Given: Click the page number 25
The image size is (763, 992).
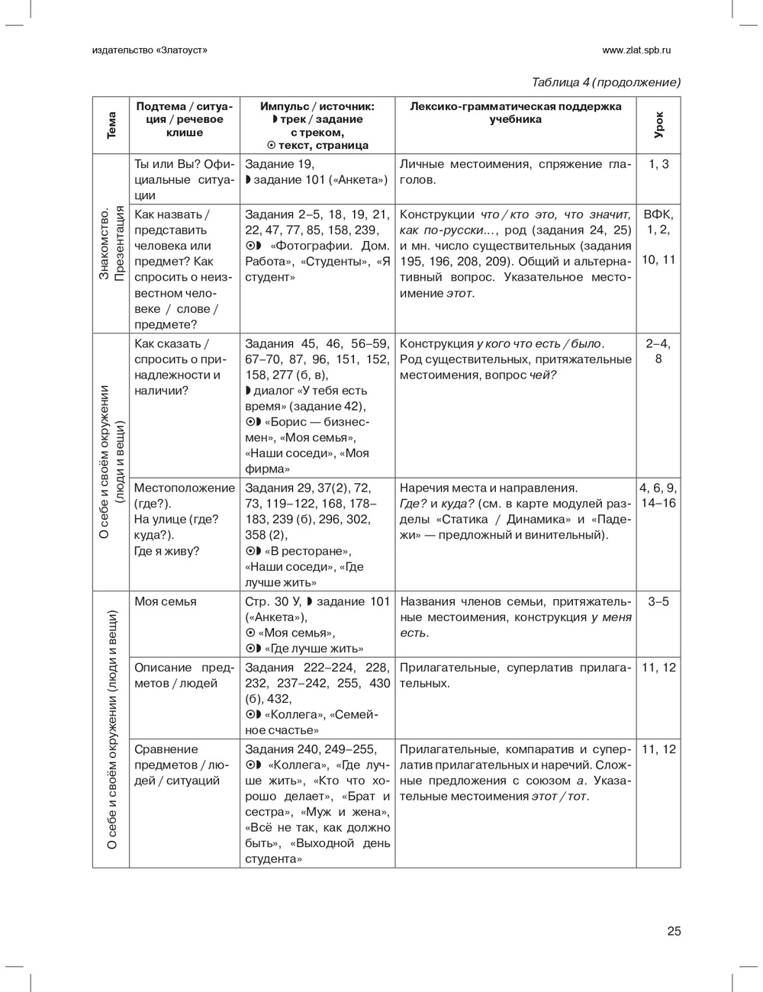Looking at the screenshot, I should tap(673, 931).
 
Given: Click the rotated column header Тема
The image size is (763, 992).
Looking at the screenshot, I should tap(111, 125).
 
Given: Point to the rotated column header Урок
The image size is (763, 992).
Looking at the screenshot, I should tap(658, 125).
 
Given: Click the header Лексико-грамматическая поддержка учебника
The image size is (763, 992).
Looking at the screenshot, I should tap(515, 113).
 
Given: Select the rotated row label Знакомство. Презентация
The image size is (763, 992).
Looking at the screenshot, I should tap(111, 243).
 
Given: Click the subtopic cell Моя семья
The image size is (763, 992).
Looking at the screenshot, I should tap(166, 601).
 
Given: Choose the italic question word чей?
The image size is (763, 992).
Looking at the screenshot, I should tap(542, 375).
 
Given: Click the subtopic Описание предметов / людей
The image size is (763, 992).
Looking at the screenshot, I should tap(185, 675).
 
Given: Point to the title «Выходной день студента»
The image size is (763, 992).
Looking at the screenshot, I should tap(317, 852).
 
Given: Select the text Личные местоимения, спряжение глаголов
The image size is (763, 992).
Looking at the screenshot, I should tap(515, 172).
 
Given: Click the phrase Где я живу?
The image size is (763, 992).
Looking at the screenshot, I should tap(166, 551).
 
